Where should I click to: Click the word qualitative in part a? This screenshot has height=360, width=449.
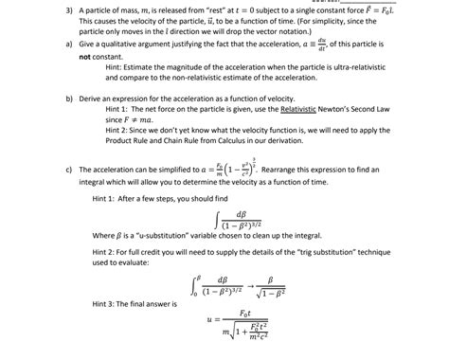[x=117, y=45]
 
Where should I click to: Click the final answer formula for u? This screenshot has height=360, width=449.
[x=235, y=327]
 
